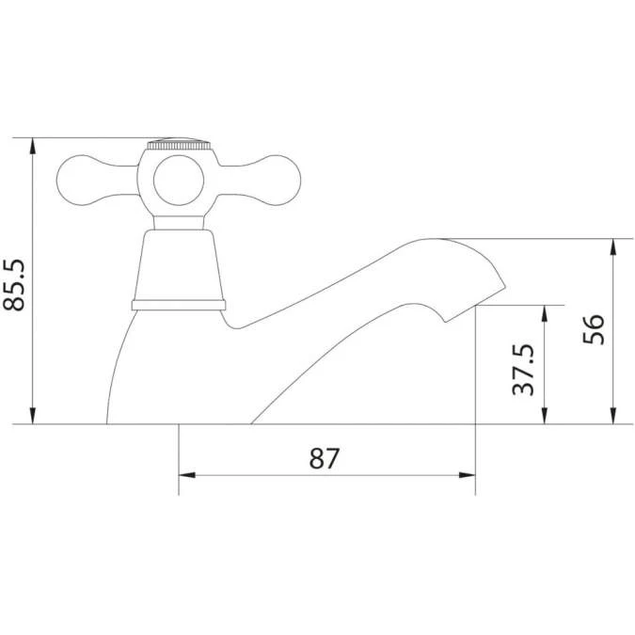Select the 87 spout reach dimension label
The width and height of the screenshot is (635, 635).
click(x=324, y=458)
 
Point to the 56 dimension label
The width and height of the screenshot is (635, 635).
click(x=594, y=330)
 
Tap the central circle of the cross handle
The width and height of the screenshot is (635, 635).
click(x=178, y=180)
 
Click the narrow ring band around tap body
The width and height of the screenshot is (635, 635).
click(x=179, y=304)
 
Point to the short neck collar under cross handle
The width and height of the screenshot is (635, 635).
click(x=178, y=221)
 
